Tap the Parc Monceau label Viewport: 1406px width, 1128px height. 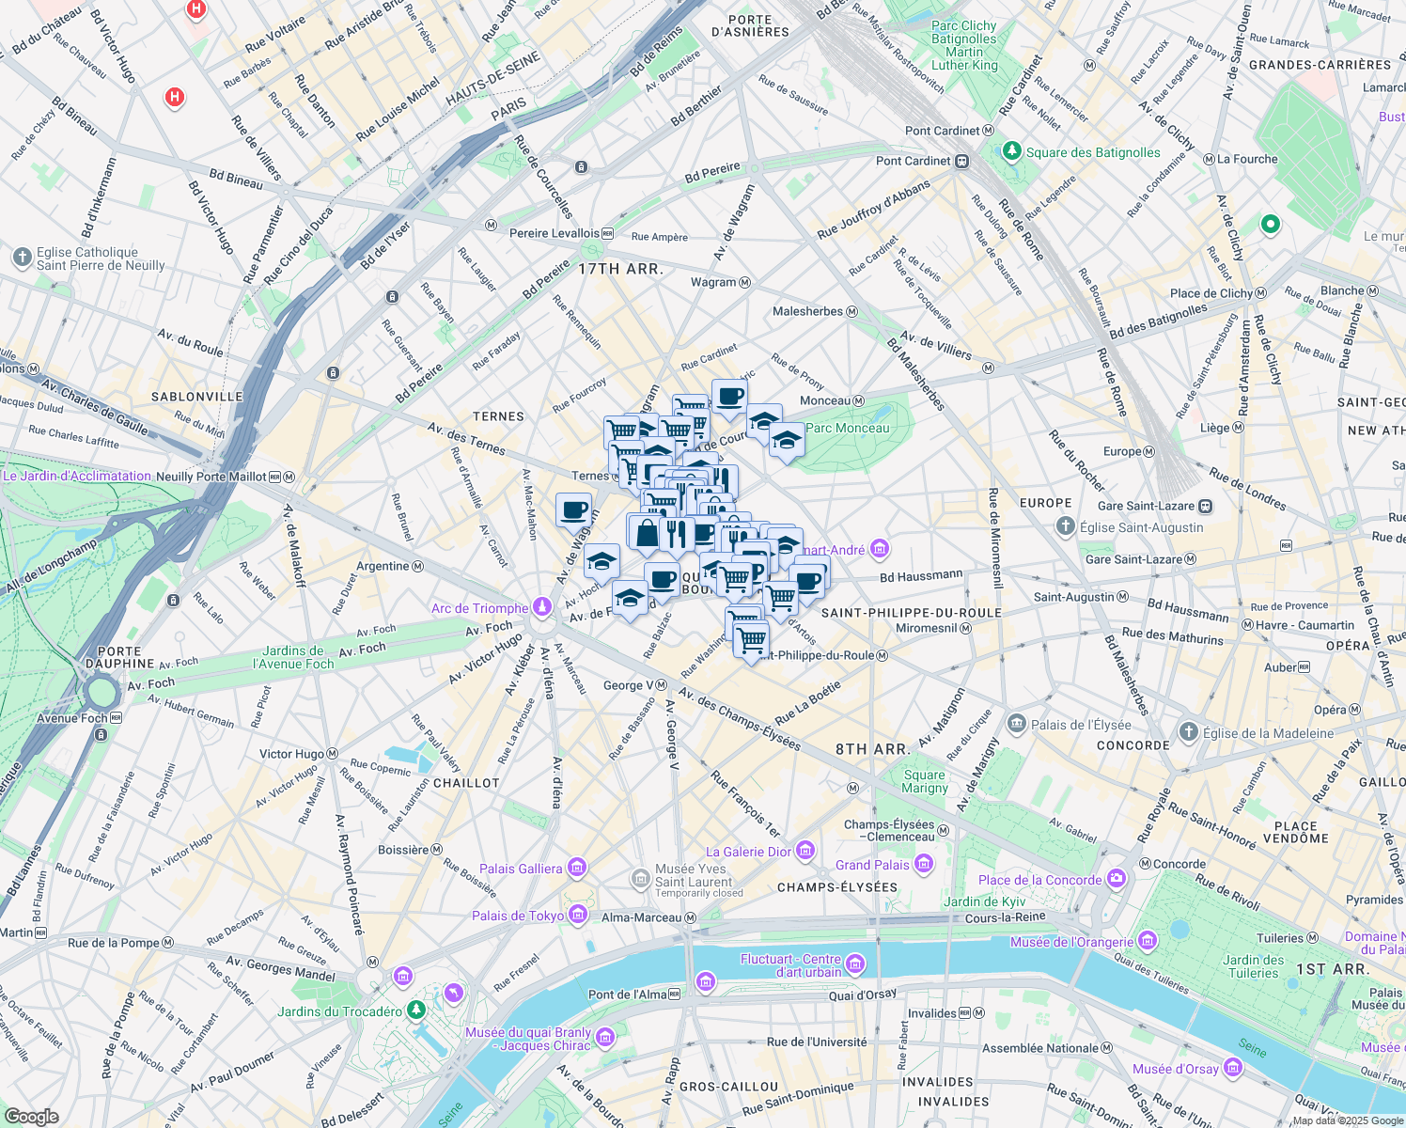pos(847,428)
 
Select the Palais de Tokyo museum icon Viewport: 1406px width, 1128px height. pos(578,916)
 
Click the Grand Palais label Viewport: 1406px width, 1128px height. pos(872,865)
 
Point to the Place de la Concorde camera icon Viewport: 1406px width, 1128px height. pos(1116,880)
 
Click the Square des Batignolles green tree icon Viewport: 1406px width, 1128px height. pos(1011,151)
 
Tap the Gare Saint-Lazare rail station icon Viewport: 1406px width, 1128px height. pos(1205,506)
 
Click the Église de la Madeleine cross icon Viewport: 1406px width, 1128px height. pos(1188,732)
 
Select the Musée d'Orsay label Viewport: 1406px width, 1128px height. pos(1175,1069)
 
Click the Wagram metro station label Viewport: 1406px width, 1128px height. pos(713,282)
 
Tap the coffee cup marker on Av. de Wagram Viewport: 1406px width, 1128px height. pos(573,511)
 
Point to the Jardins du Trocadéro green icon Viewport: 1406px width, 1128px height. pos(415,1010)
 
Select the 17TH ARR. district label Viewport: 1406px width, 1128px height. pos(620,269)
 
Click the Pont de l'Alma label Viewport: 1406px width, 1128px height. pos(627,995)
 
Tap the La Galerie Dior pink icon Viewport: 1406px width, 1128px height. pos(805,852)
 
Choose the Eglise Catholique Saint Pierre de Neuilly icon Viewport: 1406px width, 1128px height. pos(23,258)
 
